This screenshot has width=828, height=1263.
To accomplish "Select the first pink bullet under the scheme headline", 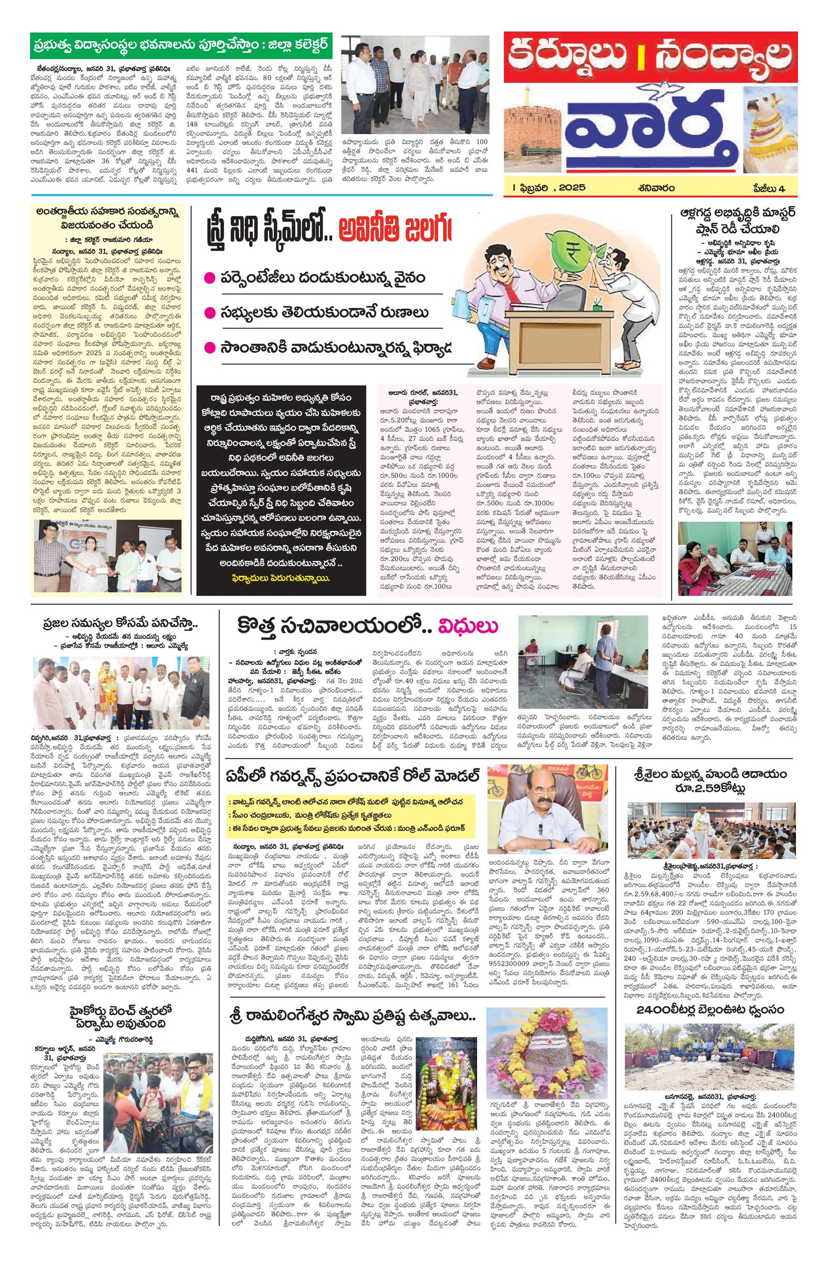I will click(x=211, y=277).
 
